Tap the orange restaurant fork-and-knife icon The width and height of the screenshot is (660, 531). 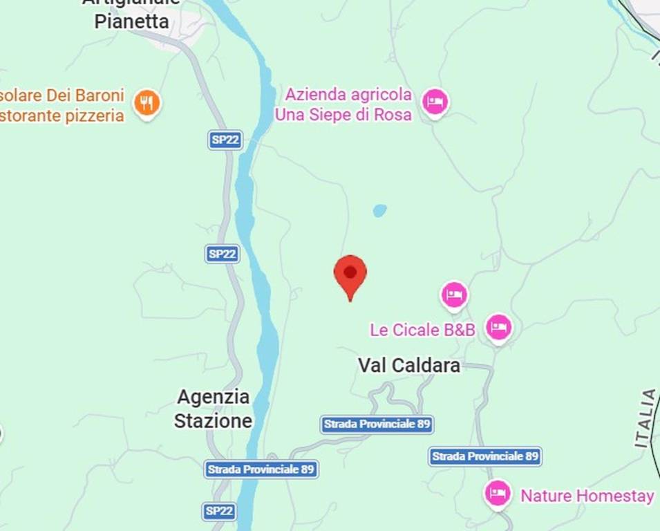pyautogui.click(x=147, y=103)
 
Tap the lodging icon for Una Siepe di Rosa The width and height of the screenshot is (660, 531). pyautogui.click(x=435, y=102)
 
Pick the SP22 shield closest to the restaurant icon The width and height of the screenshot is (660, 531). pyautogui.click(x=225, y=140)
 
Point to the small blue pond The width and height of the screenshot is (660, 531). pyautogui.click(x=379, y=210)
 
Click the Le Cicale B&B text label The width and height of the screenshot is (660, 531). pyautogui.click(x=422, y=330)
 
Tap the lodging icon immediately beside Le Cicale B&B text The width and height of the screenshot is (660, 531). pyautogui.click(x=498, y=326)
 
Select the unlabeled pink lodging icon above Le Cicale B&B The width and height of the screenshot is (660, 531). pyautogui.click(x=454, y=295)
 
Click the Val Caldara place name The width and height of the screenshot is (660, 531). pyautogui.click(x=408, y=366)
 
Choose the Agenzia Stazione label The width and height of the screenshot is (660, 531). pyautogui.click(x=213, y=409)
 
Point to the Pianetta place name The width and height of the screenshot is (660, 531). pyautogui.click(x=131, y=21)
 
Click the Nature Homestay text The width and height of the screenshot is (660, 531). pyautogui.click(x=587, y=496)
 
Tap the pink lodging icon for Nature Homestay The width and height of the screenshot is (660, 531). pyautogui.click(x=497, y=494)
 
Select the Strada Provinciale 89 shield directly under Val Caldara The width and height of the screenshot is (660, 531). pyautogui.click(x=377, y=424)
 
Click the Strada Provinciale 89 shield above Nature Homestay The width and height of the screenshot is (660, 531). pyautogui.click(x=484, y=456)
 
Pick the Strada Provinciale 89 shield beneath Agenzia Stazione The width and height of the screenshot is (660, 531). pyautogui.click(x=261, y=469)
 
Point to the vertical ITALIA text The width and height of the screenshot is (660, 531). pyautogui.click(x=647, y=418)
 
